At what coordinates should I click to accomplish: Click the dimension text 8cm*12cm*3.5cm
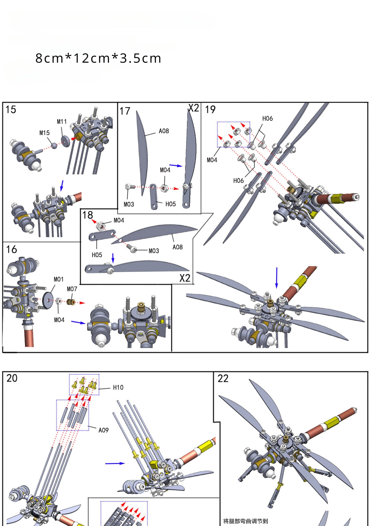click(x=98, y=58)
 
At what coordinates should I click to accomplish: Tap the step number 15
click(x=11, y=110)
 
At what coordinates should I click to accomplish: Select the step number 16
click(x=12, y=249)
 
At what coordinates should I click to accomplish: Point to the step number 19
click(x=210, y=110)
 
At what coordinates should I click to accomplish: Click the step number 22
click(x=223, y=379)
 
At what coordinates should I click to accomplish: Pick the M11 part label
click(x=62, y=122)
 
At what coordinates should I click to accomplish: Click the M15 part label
click(x=44, y=133)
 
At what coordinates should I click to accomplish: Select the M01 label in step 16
click(x=58, y=279)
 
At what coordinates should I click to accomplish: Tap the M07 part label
click(x=72, y=289)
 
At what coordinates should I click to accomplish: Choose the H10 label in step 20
click(x=118, y=388)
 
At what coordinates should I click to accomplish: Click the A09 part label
click(x=103, y=430)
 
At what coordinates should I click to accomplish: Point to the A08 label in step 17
click(x=164, y=131)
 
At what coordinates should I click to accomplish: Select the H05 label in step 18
click(x=97, y=255)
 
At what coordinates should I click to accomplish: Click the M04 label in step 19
click(x=212, y=160)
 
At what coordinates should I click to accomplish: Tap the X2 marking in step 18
click(x=185, y=278)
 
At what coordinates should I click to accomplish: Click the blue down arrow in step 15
click(x=62, y=185)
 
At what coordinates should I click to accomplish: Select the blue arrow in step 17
click(x=176, y=165)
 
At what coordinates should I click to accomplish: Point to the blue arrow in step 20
click(x=115, y=463)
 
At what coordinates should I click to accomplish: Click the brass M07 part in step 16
click(x=70, y=302)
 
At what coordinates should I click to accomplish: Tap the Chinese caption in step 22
click(x=245, y=521)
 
